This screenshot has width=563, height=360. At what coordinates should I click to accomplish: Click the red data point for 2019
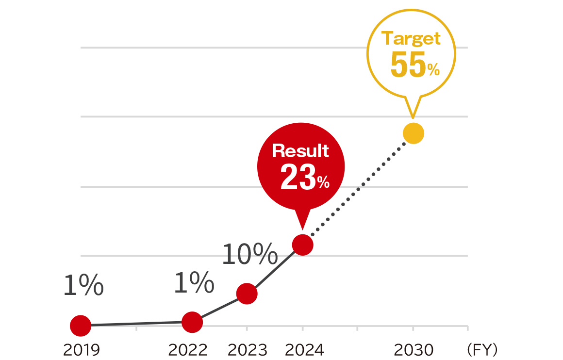tap(81, 326)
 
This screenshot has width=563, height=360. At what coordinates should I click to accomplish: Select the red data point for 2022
tap(192, 322)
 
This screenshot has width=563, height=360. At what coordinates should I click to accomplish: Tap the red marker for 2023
tap(247, 294)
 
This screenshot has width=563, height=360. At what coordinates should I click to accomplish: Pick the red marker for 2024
tap(302, 245)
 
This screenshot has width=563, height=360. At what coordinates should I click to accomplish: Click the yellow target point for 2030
tap(413, 133)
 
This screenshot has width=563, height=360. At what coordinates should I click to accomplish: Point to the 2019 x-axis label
tap(81, 349)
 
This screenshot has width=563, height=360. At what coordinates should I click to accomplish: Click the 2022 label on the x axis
tap(188, 349)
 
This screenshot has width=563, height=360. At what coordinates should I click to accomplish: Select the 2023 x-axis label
tap(247, 349)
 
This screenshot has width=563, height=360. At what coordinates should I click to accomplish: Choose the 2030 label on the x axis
tap(413, 349)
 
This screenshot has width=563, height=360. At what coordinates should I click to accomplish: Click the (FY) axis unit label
tap(481, 349)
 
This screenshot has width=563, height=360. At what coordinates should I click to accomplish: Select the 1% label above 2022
tap(194, 283)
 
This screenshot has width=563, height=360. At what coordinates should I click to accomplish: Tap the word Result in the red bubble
tap(300, 151)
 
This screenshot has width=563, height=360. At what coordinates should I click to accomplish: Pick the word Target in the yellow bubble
tap(412, 38)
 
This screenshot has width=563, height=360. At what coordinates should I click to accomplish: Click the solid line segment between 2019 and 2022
tap(136, 324)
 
